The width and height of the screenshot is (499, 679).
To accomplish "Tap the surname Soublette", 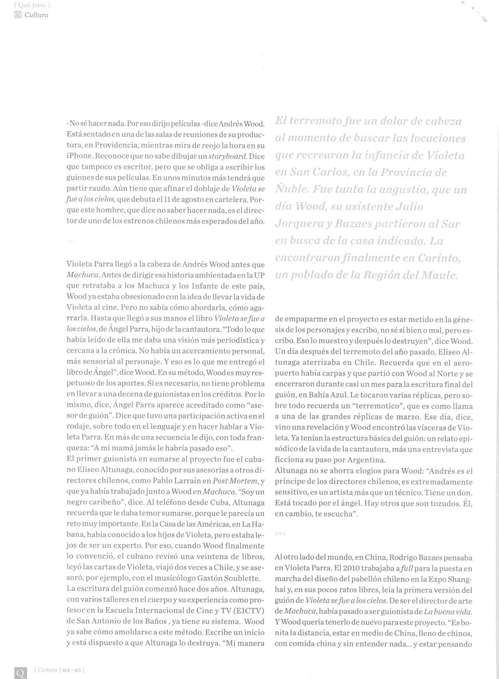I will point(242,578).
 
